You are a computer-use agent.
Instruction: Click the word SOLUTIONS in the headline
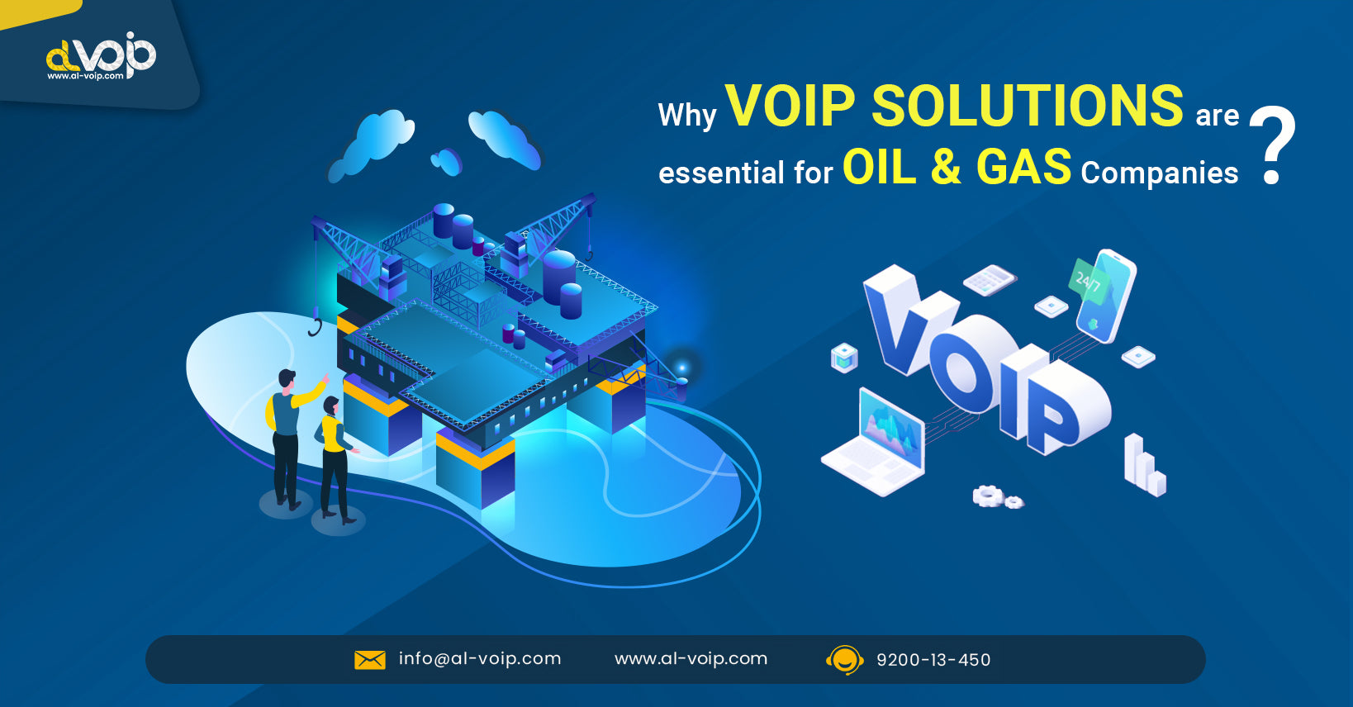1027,107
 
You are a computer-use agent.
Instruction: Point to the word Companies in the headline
1159,173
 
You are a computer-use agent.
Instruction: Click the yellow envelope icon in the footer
370,660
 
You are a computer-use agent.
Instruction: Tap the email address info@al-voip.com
480,659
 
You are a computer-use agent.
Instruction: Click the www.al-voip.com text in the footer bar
691,659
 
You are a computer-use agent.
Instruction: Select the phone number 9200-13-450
933,660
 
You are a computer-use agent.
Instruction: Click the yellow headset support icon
844,660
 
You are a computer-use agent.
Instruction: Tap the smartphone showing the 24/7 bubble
1104,296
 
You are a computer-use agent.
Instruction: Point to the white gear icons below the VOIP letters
997,497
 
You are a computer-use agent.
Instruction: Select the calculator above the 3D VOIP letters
990,280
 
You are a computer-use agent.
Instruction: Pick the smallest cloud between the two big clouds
446,161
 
